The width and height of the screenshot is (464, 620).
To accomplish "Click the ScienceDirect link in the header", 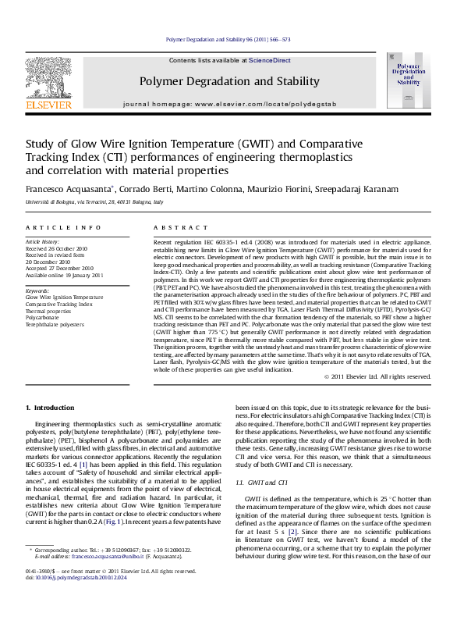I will coord(270,60).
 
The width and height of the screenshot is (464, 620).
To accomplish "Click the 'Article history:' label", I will coord(43,242).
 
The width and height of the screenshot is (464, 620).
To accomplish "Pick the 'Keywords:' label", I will coord(38,290).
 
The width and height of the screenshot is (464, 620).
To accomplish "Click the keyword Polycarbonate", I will coord(42,317).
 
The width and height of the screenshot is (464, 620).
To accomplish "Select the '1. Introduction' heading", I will coord(50,408).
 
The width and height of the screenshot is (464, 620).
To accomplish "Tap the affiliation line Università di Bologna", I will coord(94,202).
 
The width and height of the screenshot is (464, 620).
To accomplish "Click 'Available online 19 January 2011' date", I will coord(64,276).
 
